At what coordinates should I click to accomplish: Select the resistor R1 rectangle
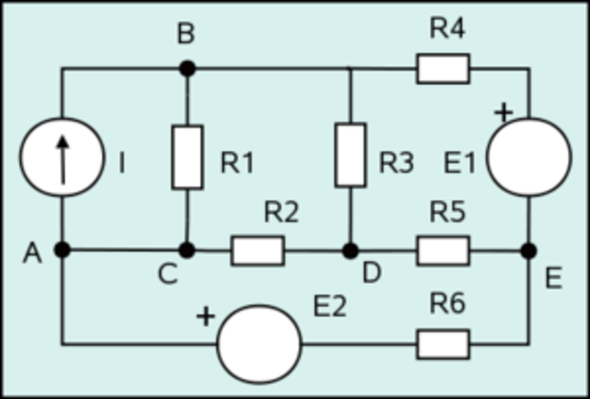click(187, 158)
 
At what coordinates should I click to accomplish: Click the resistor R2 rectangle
click(257, 250)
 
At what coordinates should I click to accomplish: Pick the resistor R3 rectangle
click(350, 154)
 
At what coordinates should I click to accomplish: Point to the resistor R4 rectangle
click(442, 68)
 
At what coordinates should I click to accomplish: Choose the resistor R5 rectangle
click(442, 250)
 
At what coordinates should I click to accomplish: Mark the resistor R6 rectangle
click(442, 345)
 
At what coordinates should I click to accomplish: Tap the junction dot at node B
click(187, 68)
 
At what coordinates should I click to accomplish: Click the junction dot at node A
click(62, 250)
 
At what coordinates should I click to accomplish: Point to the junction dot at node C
click(187, 250)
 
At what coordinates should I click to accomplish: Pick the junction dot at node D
click(350, 250)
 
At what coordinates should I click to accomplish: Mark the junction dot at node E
click(528, 250)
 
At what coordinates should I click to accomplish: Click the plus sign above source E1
click(503, 113)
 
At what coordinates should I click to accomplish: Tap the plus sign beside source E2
click(206, 317)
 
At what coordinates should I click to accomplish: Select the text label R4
click(447, 29)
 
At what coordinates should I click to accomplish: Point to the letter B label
click(186, 35)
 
